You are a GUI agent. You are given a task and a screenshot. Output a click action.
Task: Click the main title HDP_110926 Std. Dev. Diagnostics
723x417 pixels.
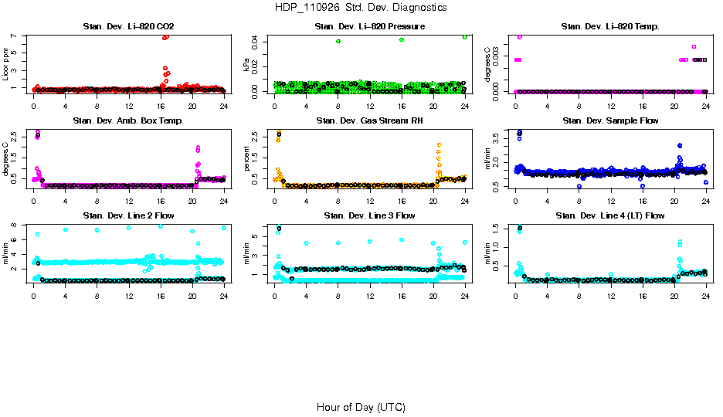pos(361,8)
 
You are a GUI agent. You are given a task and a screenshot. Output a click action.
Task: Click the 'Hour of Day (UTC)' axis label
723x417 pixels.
pos(361,407)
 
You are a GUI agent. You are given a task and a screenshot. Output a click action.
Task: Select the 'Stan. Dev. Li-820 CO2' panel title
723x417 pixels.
pos(128,26)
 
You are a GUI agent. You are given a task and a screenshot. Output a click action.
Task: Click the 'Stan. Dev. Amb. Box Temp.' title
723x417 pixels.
pos(128,120)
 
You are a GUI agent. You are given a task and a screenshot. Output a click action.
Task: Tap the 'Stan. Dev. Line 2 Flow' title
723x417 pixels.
pos(128,215)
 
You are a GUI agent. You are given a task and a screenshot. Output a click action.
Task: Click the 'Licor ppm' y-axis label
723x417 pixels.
pos(6,64)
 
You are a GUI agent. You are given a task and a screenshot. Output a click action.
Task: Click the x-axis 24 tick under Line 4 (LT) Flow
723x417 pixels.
pos(704,295)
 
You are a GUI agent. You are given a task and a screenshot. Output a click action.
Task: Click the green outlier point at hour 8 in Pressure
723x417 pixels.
pos(338,41)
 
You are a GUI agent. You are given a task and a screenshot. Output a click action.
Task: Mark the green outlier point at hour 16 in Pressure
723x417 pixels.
pos(402,39)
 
